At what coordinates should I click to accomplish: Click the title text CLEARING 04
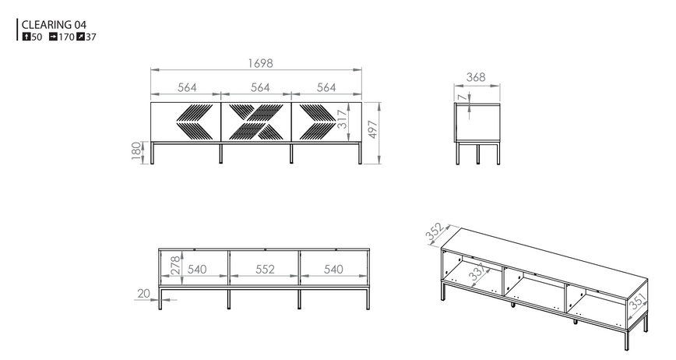(54, 25)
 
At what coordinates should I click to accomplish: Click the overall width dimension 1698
(260, 63)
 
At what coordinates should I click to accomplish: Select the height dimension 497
(373, 129)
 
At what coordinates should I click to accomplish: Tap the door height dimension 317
(342, 119)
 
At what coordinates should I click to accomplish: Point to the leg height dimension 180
(136, 151)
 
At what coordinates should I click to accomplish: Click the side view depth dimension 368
(476, 77)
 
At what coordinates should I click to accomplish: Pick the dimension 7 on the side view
(462, 98)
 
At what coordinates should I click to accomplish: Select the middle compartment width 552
(265, 270)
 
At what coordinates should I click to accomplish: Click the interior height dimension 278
(175, 266)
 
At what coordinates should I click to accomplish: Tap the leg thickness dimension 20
(143, 294)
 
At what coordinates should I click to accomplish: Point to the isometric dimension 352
(435, 231)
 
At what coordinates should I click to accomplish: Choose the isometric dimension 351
(638, 302)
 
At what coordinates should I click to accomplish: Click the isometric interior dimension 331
(478, 272)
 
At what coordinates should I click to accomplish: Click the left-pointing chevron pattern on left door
(194, 122)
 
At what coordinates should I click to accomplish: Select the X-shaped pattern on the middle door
(256, 122)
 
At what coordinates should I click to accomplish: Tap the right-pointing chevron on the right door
(318, 122)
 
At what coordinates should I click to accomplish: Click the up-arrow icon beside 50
(26, 37)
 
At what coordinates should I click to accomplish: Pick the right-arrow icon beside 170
(53, 37)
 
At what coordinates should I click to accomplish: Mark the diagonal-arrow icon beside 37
(81, 37)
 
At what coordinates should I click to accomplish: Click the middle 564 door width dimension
(260, 87)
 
